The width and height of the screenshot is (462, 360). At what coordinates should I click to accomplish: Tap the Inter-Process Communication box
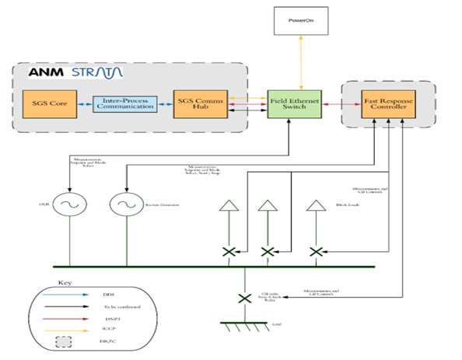tap(124, 105)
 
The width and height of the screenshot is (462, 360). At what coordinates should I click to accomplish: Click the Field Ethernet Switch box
tap(289, 105)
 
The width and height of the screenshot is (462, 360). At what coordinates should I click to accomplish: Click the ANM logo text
tap(47, 72)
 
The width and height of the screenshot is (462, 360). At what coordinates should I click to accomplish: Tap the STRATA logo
tap(96, 72)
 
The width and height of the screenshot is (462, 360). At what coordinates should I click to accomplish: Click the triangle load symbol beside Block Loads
tap(316, 207)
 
